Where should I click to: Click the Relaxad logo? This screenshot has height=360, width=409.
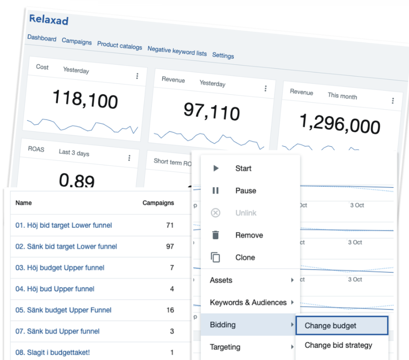(49, 20)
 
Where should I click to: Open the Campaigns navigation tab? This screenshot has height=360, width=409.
(77, 41)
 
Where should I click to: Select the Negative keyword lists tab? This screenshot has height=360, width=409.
(177, 51)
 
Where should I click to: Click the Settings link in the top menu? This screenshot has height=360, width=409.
(223, 56)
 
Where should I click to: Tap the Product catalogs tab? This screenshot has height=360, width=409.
(119, 45)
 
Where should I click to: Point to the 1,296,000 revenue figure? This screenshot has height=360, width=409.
(340, 123)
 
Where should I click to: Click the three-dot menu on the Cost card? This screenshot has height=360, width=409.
(137, 76)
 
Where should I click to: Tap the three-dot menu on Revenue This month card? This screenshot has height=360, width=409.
(393, 101)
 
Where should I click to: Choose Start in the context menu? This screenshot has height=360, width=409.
(243, 169)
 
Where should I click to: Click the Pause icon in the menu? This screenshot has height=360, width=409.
(216, 191)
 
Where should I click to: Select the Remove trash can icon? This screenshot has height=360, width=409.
(216, 235)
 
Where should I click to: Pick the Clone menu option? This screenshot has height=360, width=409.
(245, 257)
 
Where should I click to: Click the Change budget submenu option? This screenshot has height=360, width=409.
(331, 326)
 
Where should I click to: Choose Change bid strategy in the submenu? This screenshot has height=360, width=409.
(338, 345)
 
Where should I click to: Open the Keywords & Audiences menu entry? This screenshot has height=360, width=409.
(248, 303)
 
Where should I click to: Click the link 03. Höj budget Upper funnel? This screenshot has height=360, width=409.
(60, 268)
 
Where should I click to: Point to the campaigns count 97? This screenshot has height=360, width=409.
(170, 247)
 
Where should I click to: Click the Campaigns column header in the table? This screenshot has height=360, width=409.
(158, 203)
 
